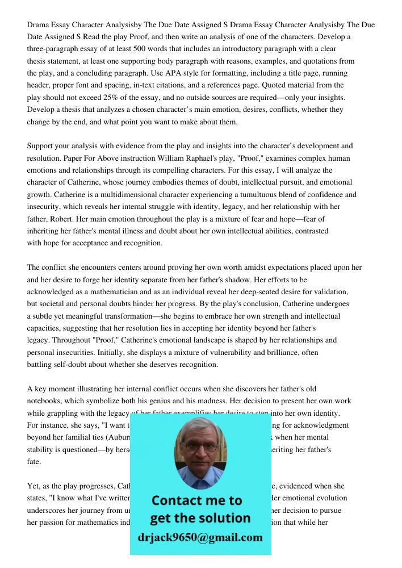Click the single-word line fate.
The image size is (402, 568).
(33, 462)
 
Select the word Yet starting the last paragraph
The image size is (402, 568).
(33, 486)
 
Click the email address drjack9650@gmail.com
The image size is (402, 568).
(200, 537)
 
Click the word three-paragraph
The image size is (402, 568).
(60, 49)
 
